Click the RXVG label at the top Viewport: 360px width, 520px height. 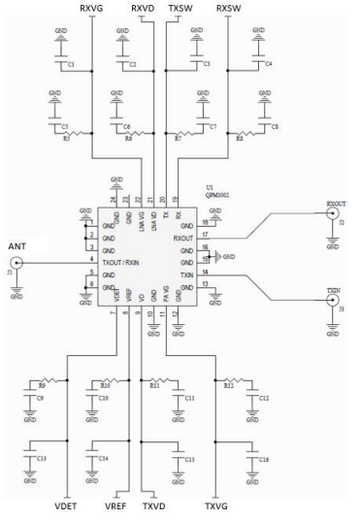[90, 8]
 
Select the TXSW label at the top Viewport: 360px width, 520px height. [180, 8]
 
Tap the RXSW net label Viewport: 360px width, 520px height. [228, 8]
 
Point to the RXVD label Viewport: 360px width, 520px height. [143, 8]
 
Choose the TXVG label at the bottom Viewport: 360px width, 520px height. [216, 506]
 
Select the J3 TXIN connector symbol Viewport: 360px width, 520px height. [332, 304]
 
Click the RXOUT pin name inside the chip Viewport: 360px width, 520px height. [182, 238]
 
